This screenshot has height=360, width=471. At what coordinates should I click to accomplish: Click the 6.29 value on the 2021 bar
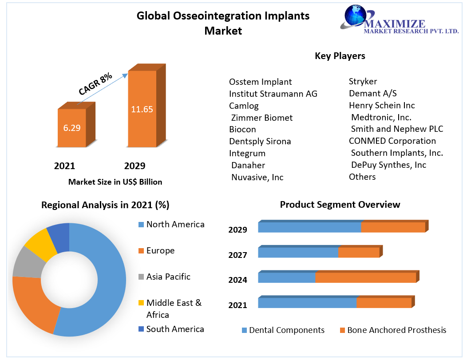coord(71,128)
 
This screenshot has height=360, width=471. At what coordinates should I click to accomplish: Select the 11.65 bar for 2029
coord(142,109)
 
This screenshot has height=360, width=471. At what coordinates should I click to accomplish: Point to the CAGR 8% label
coord(95,84)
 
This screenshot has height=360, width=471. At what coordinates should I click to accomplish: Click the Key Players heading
coord(340,56)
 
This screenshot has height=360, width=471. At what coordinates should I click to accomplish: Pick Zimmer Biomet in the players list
coord(262,118)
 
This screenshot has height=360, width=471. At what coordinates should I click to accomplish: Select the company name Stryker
coord(363,81)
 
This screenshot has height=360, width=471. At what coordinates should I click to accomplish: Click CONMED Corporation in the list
coord(392,141)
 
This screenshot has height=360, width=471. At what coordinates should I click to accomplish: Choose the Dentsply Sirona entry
coord(260,141)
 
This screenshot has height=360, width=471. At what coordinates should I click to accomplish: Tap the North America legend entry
coord(175,224)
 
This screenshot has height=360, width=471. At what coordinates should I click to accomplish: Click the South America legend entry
coord(175,329)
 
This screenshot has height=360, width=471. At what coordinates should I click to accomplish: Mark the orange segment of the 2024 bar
coord(365,278)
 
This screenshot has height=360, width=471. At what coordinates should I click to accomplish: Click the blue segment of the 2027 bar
coord(298,253)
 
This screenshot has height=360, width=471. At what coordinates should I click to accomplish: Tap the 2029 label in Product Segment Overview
coord(237,229)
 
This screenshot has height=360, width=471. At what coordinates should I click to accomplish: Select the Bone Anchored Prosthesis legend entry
coord(396,330)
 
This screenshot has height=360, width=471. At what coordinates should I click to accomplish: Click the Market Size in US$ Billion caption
coord(115,182)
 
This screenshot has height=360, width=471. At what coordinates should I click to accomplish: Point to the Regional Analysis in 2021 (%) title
coord(105,205)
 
